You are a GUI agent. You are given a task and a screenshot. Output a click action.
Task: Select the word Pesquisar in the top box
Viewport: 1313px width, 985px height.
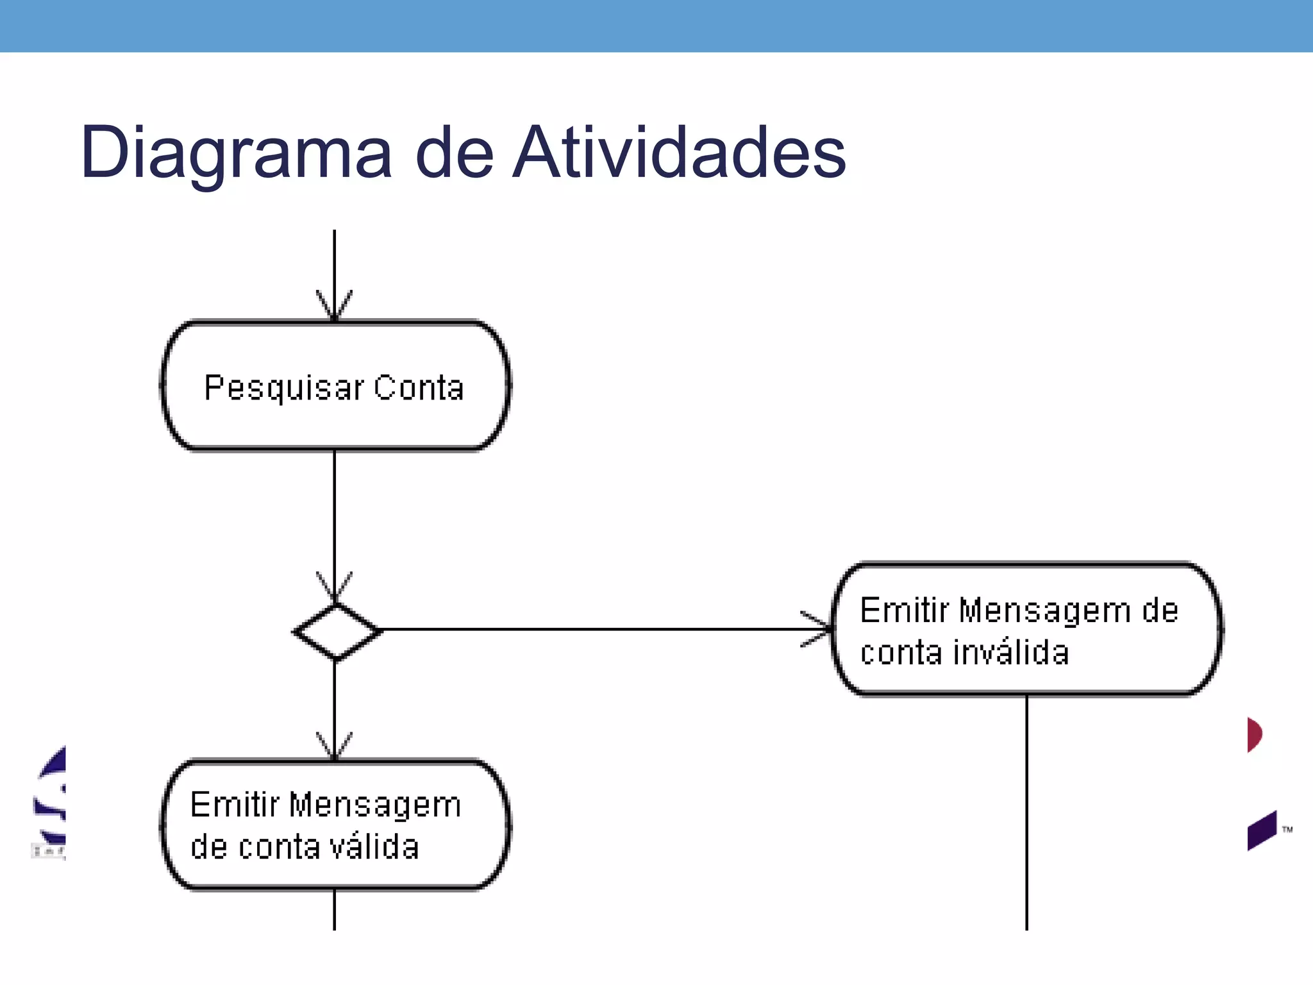(x=284, y=388)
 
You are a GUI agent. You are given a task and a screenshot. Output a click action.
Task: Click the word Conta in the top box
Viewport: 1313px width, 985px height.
(x=419, y=388)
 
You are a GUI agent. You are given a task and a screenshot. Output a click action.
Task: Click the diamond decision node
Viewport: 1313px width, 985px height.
(x=336, y=632)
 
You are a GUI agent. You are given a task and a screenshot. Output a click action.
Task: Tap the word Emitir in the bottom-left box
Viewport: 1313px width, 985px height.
(x=235, y=805)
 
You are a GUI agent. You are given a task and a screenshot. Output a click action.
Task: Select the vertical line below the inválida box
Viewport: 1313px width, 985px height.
(x=1026, y=814)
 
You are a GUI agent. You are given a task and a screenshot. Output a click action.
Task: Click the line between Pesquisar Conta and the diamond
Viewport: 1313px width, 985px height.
(x=334, y=513)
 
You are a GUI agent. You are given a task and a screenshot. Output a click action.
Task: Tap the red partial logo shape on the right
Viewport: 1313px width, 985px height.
(x=1254, y=734)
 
